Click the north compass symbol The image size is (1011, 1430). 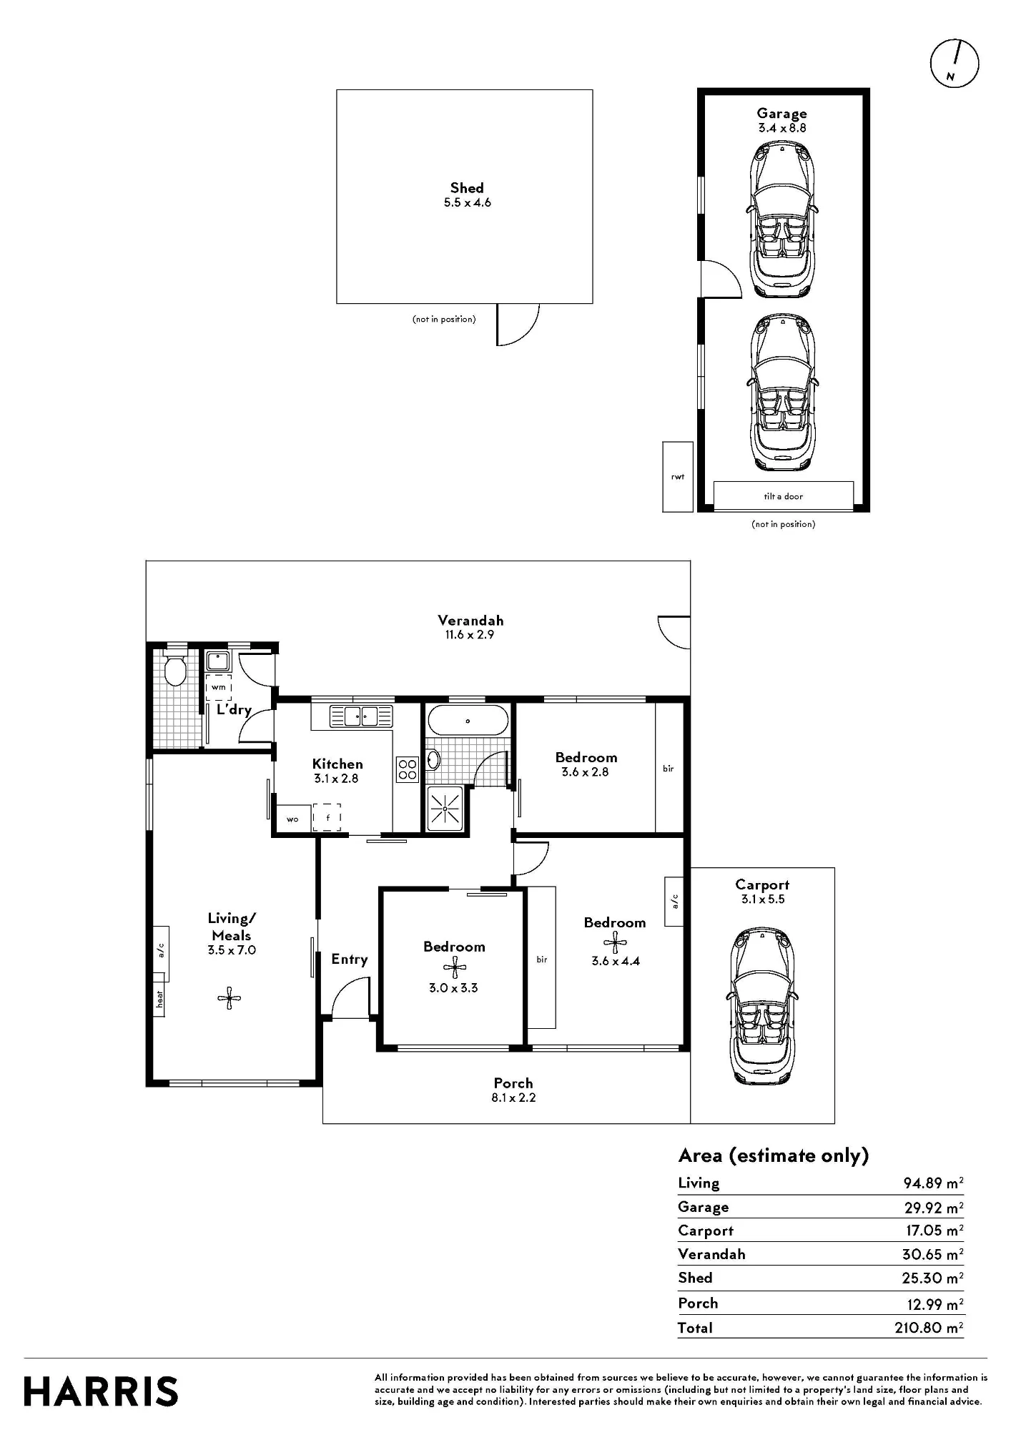tap(954, 63)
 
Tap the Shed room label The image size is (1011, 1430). tap(467, 188)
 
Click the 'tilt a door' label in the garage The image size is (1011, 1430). tap(784, 496)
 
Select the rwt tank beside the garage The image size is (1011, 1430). tap(678, 476)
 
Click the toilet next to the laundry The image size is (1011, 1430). tap(175, 669)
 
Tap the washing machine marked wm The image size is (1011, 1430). tap(219, 687)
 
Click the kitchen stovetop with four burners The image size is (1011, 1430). tap(408, 769)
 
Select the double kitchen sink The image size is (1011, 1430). tap(361, 716)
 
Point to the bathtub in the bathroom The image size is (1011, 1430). tap(468, 721)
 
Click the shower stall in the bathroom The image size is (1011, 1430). tap(445, 809)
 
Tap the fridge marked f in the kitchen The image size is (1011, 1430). tap(327, 817)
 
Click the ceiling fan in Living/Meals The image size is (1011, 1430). tap(230, 998)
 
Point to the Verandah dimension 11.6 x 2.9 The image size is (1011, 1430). tap(466, 635)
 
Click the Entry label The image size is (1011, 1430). tap(349, 960)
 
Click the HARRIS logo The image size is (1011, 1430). tap(101, 1391)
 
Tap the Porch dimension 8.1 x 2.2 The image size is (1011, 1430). tap(513, 1098)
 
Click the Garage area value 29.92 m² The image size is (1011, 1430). tap(933, 1208)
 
